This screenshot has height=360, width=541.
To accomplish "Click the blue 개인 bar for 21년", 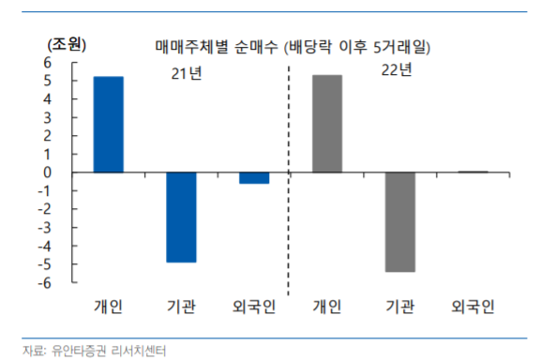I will [108, 125].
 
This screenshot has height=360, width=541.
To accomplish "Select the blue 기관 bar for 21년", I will [181, 217].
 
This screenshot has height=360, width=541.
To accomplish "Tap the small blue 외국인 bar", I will [254, 178].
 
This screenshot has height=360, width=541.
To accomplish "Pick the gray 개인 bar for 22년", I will [326, 124].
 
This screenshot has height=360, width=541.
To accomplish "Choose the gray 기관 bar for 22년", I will [399, 222].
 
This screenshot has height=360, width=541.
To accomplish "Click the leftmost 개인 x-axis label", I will [108, 306].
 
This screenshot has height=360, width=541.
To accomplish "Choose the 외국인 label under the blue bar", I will [254, 306].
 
